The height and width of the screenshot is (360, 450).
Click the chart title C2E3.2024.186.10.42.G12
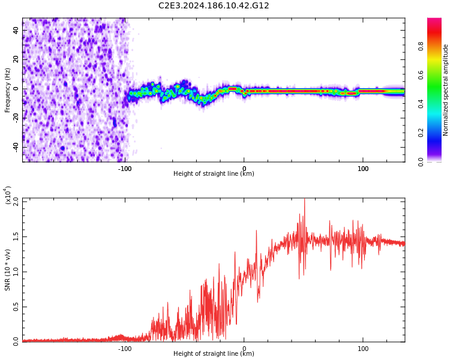[x=214, y=6]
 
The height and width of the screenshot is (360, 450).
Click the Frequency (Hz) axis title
[x=8, y=90]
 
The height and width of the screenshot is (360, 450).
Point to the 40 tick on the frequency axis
[x=16, y=30]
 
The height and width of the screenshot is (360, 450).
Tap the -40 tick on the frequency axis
[x=15, y=147]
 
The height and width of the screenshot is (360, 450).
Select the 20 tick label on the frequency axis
[x=16, y=59]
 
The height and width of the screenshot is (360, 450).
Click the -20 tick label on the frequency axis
[x=15, y=118]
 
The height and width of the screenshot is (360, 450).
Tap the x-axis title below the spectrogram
[x=214, y=174]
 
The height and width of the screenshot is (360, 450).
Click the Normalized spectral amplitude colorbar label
[x=446, y=90]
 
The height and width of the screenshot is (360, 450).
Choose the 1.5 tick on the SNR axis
[x=16, y=237]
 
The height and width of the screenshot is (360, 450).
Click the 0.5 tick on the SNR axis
[x=16, y=307]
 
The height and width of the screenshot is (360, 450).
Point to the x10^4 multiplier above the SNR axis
[x=8, y=196]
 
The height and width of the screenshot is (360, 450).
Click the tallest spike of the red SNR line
[x=304, y=200]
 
